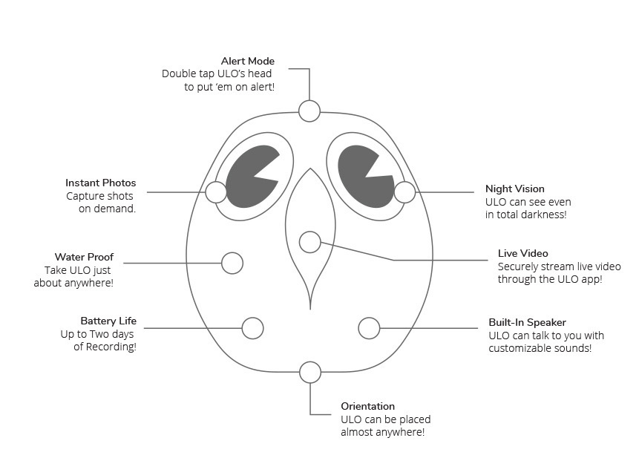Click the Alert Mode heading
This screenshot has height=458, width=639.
[x=247, y=61]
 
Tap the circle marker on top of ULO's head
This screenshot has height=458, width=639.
[x=309, y=111]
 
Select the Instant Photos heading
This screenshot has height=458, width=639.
[x=100, y=183]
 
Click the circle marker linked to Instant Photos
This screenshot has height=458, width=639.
[x=216, y=192]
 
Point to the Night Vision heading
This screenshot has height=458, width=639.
[x=514, y=189]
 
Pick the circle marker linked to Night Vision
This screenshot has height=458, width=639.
[x=404, y=192]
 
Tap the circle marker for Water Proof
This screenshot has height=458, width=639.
[x=232, y=263]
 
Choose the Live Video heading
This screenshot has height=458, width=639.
[x=522, y=254]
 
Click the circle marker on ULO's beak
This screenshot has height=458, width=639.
[x=309, y=242]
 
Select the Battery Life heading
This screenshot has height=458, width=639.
[x=108, y=321]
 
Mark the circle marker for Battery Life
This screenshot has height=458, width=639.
[x=253, y=328]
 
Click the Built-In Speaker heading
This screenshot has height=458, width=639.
[x=527, y=323]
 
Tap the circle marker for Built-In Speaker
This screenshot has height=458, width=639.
[x=369, y=327]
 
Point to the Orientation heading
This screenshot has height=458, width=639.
[x=367, y=407]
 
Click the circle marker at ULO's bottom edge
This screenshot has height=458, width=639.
[x=310, y=372]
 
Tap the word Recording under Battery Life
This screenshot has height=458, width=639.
[x=113, y=347]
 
